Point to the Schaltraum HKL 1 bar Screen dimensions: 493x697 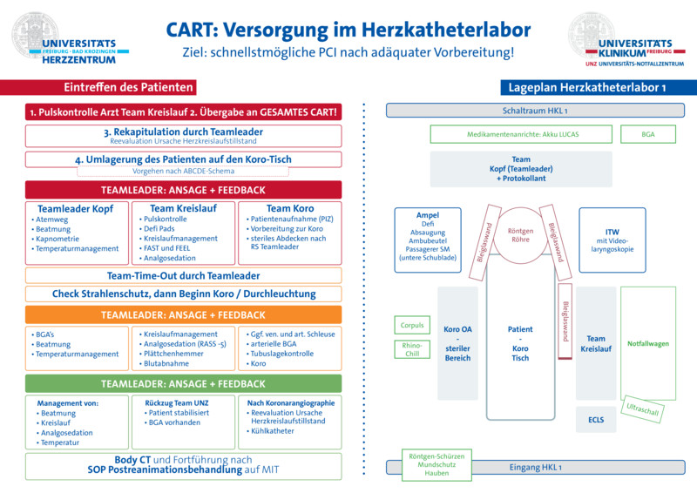tap(536, 111)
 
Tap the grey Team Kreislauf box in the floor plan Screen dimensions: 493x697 tap(596, 343)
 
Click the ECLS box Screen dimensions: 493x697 tap(596, 419)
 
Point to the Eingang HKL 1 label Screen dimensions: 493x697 tap(536, 468)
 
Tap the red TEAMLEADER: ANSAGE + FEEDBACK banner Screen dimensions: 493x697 tap(184, 190)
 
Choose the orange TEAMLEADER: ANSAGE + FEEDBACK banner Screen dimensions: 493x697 tap(184, 314)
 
